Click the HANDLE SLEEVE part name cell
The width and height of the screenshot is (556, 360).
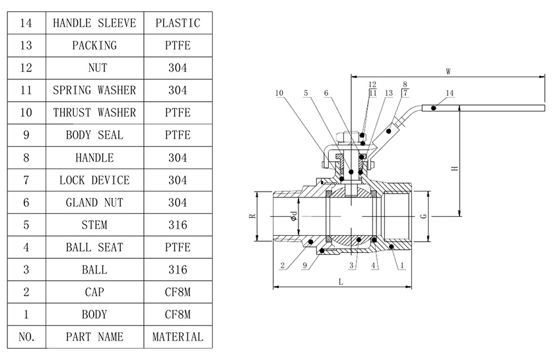[94, 23]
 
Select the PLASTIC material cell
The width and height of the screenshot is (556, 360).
[178, 23]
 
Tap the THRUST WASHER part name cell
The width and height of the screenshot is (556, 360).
[94, 112]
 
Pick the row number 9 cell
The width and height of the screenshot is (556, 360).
[26, 135]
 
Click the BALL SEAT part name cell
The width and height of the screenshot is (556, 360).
[94, 247]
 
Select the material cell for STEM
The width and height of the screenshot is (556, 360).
[178, 225]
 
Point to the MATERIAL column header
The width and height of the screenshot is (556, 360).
[178, 337]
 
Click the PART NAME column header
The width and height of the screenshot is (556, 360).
[94, 337]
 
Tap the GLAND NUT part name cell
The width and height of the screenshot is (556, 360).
[94, 202]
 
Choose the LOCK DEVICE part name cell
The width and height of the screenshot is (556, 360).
[94, 180]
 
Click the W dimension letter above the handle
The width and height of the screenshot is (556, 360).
[448, 71]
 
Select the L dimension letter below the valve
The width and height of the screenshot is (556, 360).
[341, 281]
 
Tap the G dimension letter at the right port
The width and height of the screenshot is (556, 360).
[423, 216]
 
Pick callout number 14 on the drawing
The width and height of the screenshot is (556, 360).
[450, 93]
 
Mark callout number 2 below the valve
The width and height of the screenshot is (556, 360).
[283, 266]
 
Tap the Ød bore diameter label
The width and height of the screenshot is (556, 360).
[293, 216]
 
